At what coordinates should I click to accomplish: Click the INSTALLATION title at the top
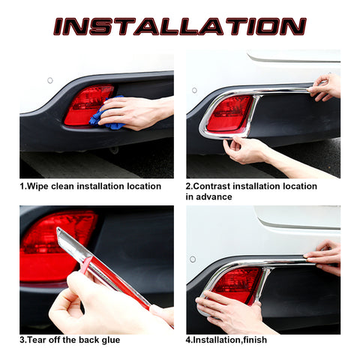tap(180, 26)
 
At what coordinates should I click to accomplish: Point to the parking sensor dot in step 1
tap(50, 79)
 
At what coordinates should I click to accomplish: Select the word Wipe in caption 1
tap(37, 186)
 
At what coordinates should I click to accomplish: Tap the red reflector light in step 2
tap(229, 113)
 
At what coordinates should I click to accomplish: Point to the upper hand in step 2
tap(325, 87)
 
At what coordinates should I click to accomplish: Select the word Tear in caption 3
tap(38, 340)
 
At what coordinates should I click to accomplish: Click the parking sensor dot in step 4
tap(193, 259)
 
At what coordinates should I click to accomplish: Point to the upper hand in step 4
tap(325, 256)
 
